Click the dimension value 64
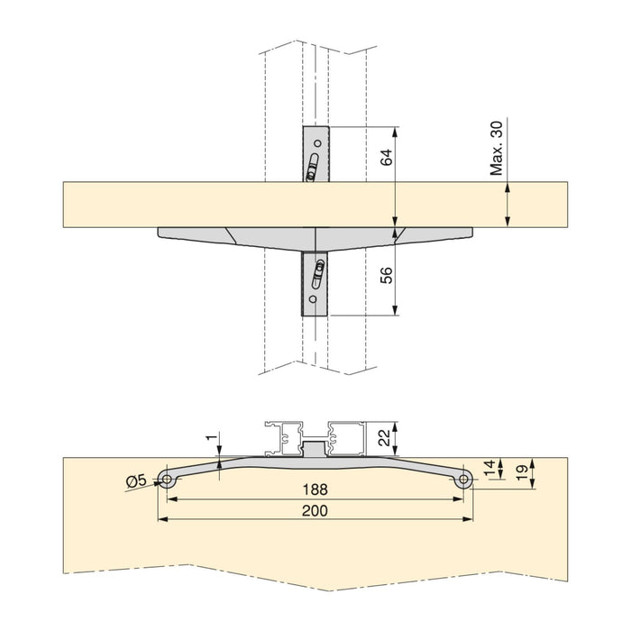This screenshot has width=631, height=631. coord(386,159)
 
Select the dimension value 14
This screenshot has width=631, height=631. coord(489,468)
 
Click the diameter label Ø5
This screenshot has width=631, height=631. coord(138,480)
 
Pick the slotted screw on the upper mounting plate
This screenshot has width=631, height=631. coord(314,168)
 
